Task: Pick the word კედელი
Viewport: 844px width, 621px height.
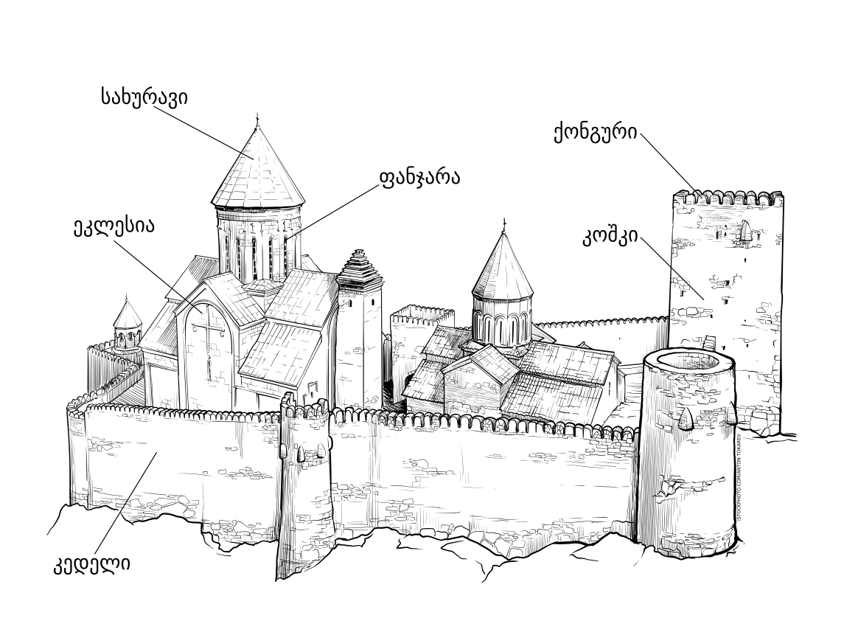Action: click(x=91, y=566)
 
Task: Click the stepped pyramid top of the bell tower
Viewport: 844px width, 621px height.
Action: click(x=360, y=267)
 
